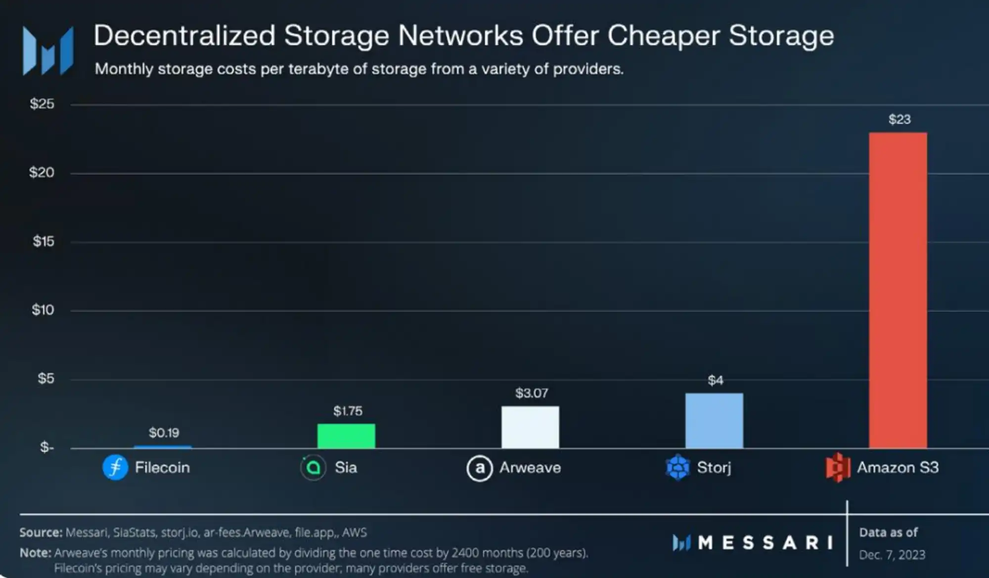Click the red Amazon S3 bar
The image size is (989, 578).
pyautogui.click(x=898, y=290)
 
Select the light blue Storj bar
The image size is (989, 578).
pyautogui.click(x=714, y=421)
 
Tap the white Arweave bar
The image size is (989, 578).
pyautogui.click(x=530, y=427)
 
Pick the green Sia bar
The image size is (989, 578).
pyautogui.click(x=346, y=436)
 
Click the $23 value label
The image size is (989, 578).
pyautogui.click(x=899, y=119)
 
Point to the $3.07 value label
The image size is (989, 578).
pyautogui.click(x=532, y=393)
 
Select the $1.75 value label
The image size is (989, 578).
pyautogui.click(x=348, y=411)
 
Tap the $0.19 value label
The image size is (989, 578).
pyautogui.click(x=164, y=433)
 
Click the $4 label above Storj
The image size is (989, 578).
pyautogui.click(x=715, y=380)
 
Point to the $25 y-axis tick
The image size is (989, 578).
pyautogui.click(x=42, y=104)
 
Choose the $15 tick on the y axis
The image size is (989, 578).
pyautogui.click(x=44, y=241)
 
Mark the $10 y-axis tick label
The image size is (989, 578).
pyautogui.click(x=43, y=310)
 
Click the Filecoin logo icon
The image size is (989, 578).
pyautogui.click(x=115, y=467)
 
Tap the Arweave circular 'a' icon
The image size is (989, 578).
pyautogui.click(x=479, y=468)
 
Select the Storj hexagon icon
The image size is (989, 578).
pyautogui.click(x=677, y=467)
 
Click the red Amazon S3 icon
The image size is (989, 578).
pyautogui.click(x=837, y=467)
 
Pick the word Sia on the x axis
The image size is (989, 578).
pyautogui.click(x=346, y=467)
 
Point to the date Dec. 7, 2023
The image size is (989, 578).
pyautogui.click(x=892, y=555)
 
